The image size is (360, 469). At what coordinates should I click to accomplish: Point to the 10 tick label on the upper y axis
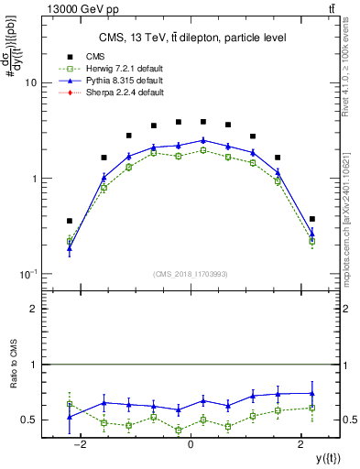coord(29,82)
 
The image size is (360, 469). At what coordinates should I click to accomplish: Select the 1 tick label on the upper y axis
coord(32,179)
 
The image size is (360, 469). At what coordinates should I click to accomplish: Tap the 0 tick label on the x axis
coord(191,444)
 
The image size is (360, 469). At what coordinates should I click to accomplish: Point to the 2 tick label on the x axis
coord(301,444)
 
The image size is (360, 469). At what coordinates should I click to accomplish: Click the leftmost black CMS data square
coord(70,221)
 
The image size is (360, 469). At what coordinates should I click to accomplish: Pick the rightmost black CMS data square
coord(312,219)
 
